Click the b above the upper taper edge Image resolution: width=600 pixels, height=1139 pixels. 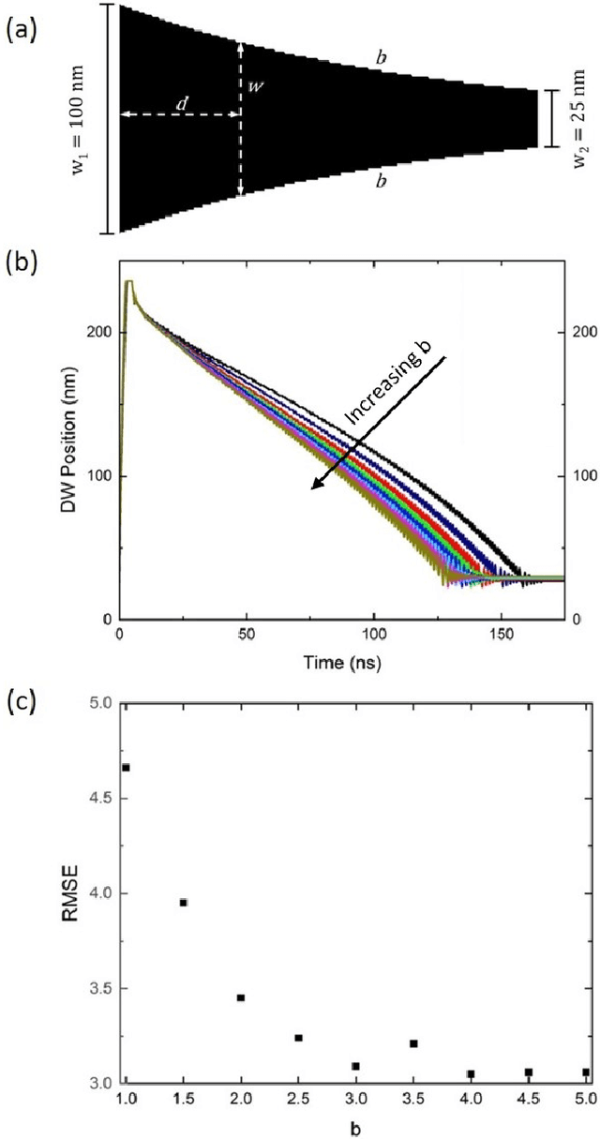(382, 57)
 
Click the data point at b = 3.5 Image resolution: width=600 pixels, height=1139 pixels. (412, 1043)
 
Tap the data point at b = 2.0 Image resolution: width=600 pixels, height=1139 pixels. (241, 997)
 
